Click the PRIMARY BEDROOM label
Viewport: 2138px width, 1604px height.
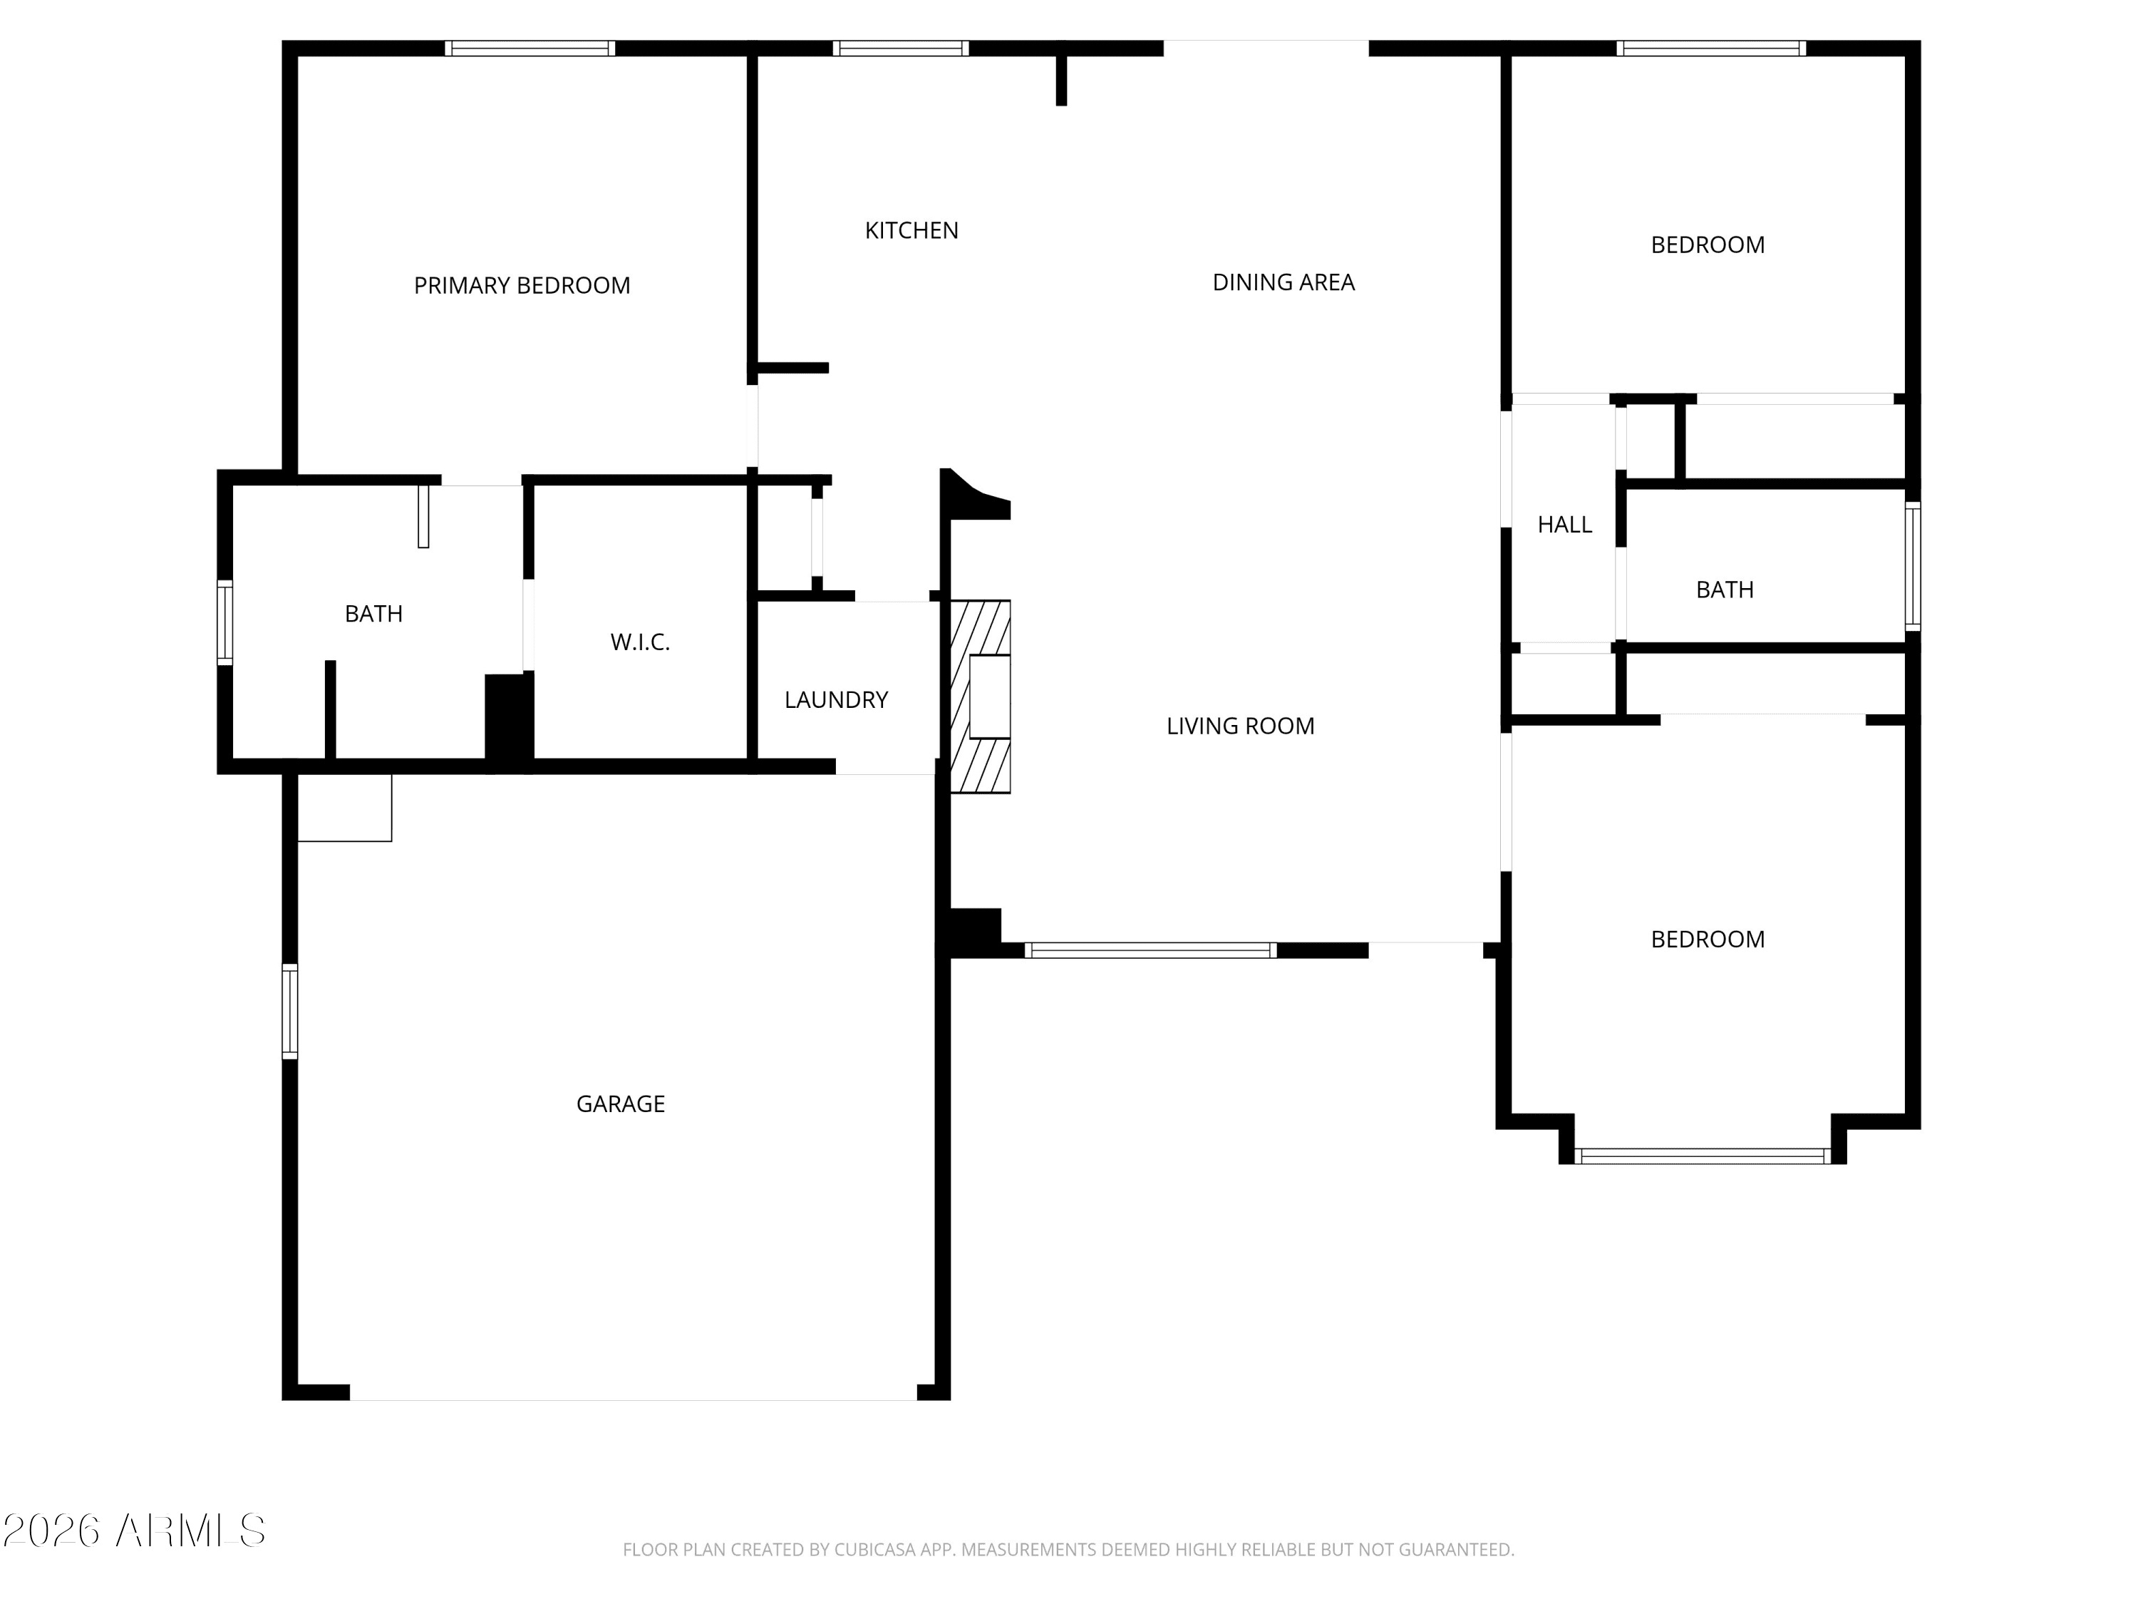(x=522, y=285)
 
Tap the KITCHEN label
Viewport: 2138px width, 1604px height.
(x=912, y=230)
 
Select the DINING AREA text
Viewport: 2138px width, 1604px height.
(x=1284, y=282)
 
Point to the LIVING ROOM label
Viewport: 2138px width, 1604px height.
(x=1240, y=726)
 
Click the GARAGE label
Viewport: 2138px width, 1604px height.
(x=621, y=1104)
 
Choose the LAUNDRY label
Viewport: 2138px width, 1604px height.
(x=836, y=700)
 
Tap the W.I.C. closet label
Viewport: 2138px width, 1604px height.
(x=640, y=642)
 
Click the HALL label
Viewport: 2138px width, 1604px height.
(x=1565, y=525)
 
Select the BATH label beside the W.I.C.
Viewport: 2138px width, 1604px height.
(x=374, y=614)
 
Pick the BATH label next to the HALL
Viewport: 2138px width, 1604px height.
(x=1725, y=590)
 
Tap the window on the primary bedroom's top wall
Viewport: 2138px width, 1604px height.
(x=530, y=48)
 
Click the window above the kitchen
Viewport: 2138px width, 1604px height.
(x=901, y=48)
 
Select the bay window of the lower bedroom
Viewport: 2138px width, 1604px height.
(x=1702, y=1156)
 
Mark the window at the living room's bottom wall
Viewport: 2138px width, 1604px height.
(x=1150, y=950)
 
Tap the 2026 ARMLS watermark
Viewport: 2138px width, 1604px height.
(x=135, y=1531)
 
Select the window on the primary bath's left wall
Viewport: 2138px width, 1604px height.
(x=224, y=622)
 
